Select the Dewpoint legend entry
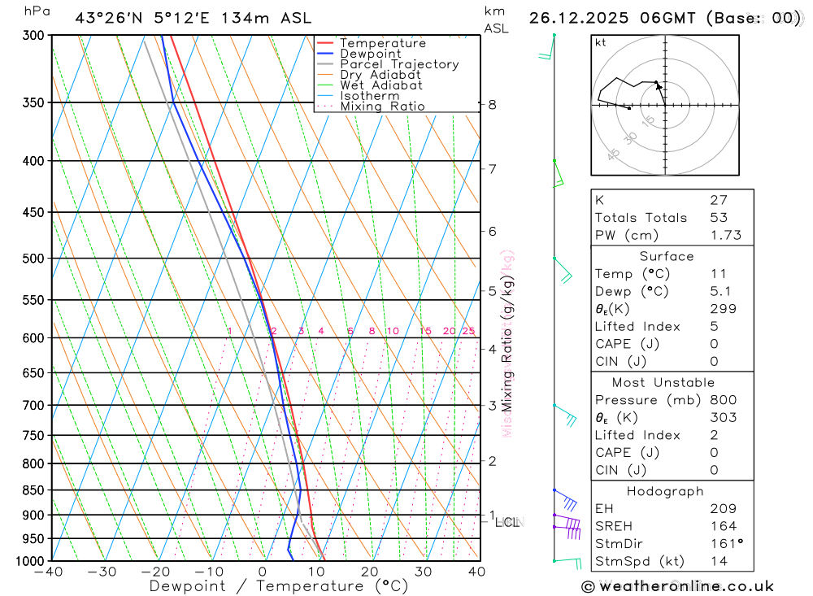(370, 54)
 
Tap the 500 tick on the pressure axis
(33, 259)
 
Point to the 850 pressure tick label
(33, 490)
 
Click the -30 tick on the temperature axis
(102, 572)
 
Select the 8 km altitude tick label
(492, 104)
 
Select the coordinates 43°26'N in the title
(111, 18)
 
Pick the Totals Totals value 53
(719, 217)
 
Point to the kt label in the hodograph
(601, 43)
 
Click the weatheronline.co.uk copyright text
(677, 586)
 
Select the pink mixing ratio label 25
(468, 331)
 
